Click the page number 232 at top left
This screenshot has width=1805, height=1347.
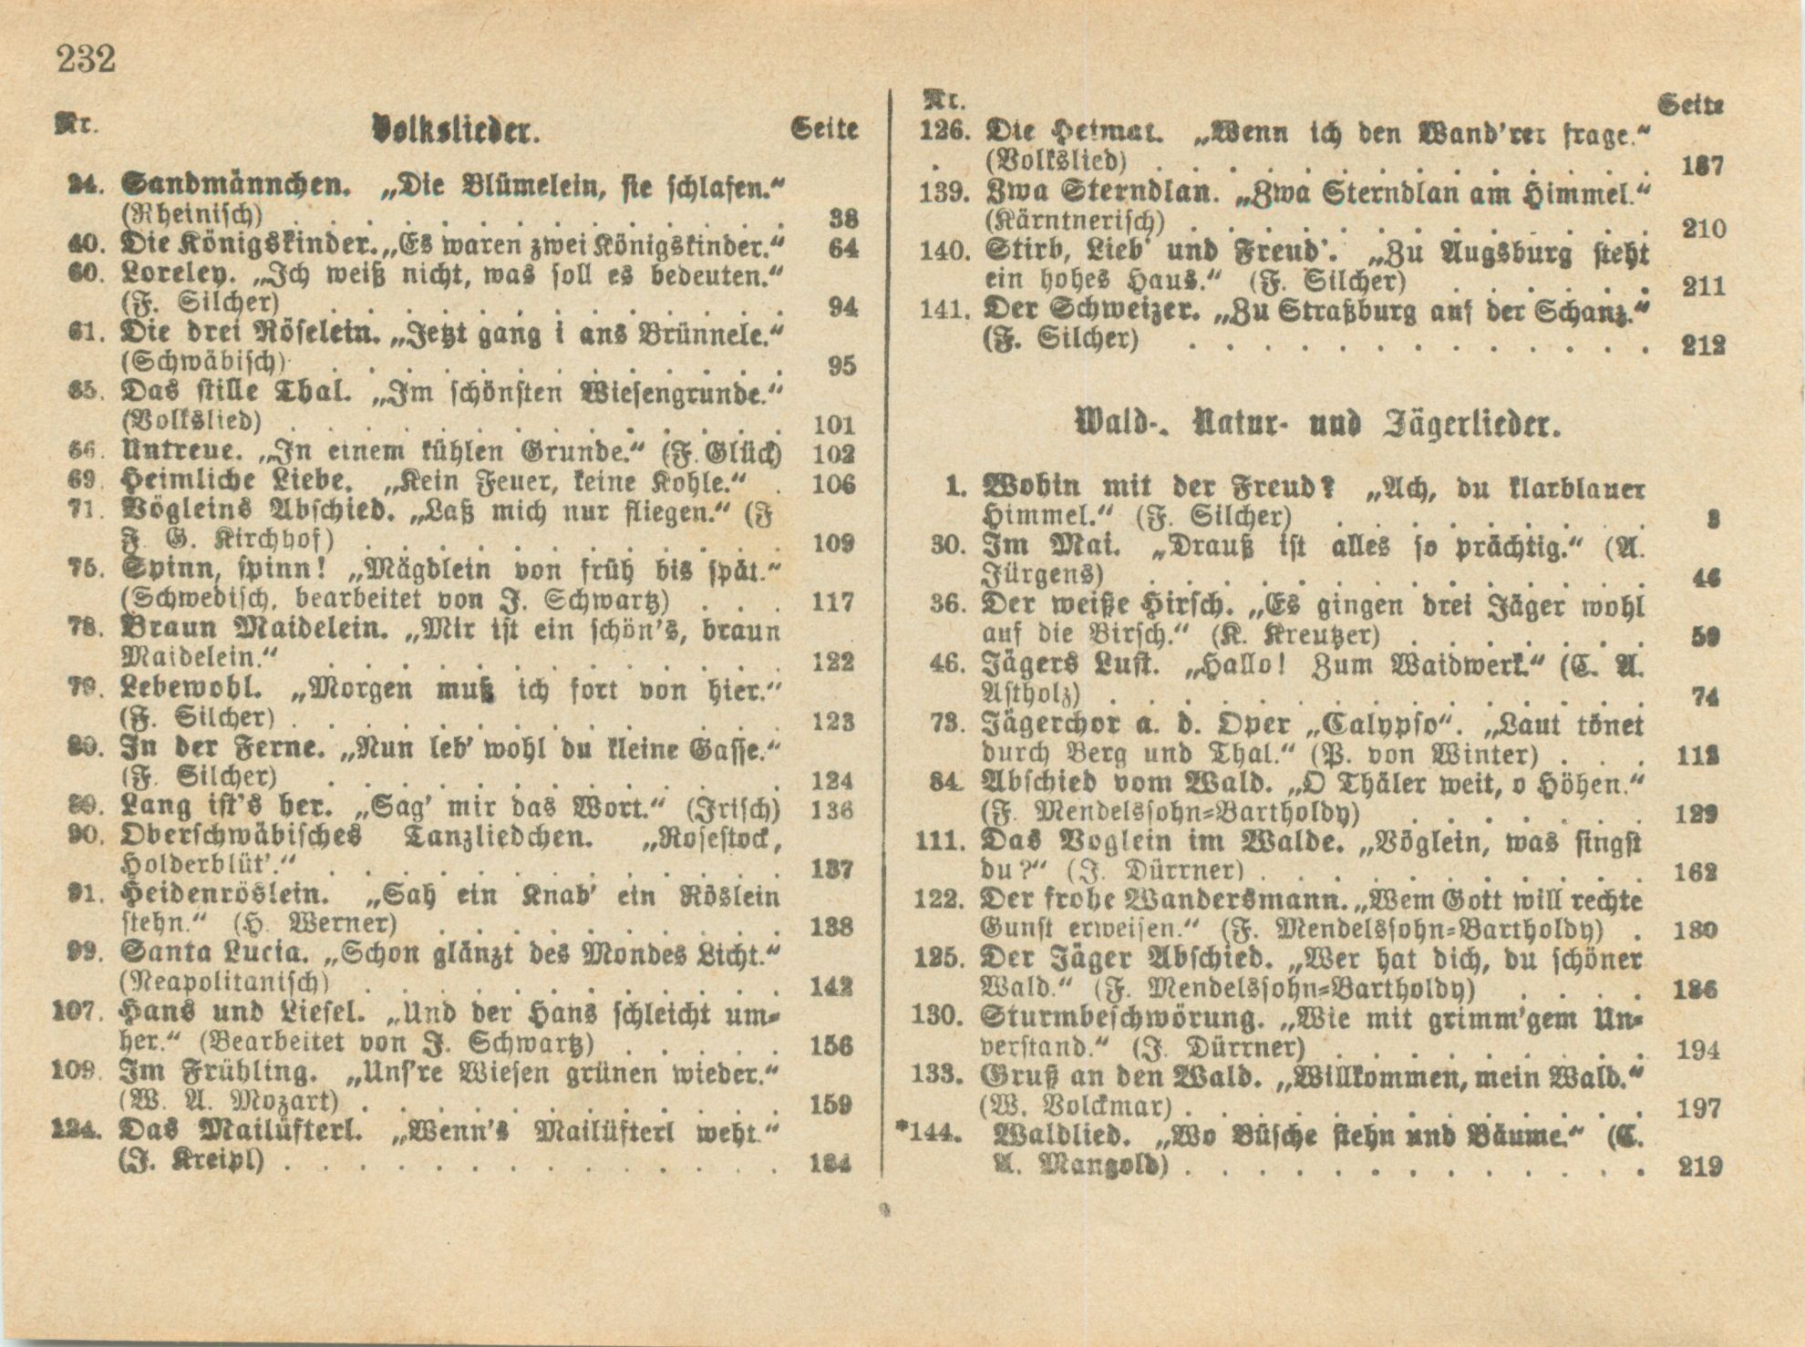pyautogui.click(x=87, y=59)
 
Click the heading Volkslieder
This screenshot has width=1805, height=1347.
pyautogui.click(x=457, y=130)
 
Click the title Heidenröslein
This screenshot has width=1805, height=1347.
pyautogui.click(x=226, y=895)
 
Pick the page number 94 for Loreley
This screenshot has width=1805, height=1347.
pyautogui.click(x=842, y=307)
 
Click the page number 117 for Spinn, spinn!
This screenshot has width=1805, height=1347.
pyautogui.click(x=832, y=602)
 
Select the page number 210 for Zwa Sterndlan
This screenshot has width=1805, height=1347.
pyautogui.click(x=1703, y=228)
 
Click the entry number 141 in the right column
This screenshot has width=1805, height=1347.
pyautogui.click(x=943, y=310)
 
